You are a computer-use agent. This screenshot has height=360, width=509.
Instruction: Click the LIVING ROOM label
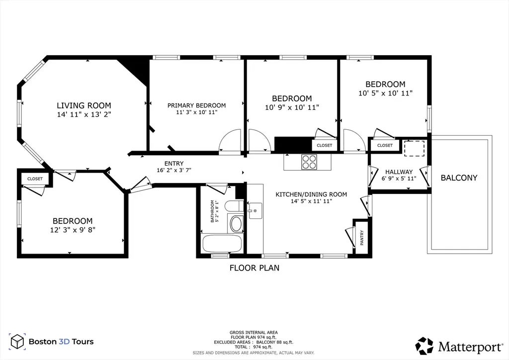84,105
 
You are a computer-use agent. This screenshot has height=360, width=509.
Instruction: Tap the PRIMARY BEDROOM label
196,105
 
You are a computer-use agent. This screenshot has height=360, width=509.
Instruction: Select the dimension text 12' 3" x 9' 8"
73,230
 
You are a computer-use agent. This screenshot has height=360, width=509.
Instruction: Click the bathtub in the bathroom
222,244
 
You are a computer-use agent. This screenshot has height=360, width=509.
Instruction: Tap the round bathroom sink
236,224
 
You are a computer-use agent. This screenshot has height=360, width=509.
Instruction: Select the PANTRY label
362,238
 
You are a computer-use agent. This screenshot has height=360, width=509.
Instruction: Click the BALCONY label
459,178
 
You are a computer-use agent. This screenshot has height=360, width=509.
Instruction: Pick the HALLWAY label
399,172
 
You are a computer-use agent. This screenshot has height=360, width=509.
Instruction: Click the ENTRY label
174,164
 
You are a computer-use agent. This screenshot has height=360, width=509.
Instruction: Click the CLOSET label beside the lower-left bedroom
35,179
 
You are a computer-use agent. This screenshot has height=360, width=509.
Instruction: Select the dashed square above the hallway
414,149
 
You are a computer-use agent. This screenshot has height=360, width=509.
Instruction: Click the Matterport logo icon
424,346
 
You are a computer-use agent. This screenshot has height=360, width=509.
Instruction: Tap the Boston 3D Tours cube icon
17,341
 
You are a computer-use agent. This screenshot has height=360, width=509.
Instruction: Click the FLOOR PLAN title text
254,268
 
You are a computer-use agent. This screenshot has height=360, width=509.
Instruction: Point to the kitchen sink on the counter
255,211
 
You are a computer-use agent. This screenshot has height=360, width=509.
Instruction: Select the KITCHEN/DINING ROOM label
311,194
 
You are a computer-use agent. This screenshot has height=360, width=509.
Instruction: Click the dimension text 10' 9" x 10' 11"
292,107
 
